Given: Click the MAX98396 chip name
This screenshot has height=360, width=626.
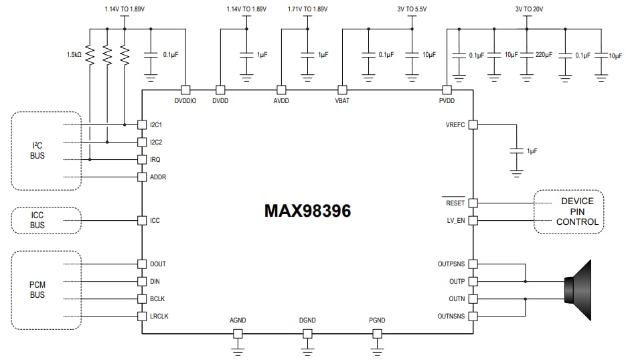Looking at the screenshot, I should tap(307, 210).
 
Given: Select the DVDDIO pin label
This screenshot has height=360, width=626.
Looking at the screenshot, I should tap(186, 101).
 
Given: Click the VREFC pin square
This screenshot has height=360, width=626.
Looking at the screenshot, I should tap(472, 124).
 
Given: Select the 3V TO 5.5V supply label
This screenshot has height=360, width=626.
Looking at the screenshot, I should tap(411, 9).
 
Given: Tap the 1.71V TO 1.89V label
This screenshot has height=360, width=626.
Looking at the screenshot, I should tap(308, 9).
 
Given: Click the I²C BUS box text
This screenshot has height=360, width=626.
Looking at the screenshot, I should tap(37, 150).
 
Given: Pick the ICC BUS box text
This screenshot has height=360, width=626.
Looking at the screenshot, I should tap(37, 220).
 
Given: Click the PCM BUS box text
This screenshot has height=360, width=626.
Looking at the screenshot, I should tap(37, 290).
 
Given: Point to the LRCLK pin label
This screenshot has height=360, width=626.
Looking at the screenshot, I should tap(159, 316).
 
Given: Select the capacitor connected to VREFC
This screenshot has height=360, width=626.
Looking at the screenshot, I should tap(516, 151).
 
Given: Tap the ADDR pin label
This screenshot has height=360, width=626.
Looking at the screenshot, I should tap(157, 177).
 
